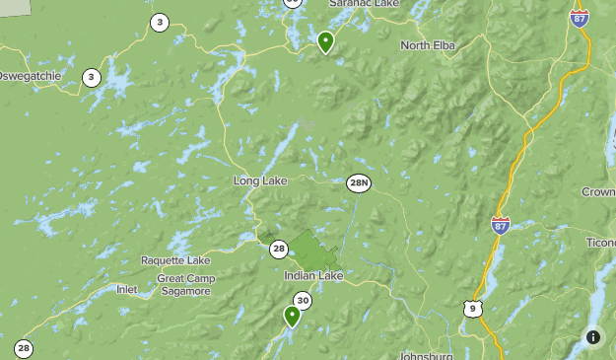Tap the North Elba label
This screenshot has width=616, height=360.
coord(428,45)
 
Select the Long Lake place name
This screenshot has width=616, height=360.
coord(258,181)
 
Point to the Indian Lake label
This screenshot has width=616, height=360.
coord(313,276)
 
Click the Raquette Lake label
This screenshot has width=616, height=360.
coord(175,260)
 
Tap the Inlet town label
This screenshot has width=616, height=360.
coord(126,290)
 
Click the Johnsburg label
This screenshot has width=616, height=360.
coord(426,355)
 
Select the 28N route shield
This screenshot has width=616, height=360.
coord(359,182)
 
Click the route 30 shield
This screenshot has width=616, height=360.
coord(303,301)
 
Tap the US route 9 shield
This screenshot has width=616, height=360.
coord(474,310)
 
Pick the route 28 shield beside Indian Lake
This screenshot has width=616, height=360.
coord(279,250)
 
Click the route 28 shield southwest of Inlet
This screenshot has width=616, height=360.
coord(24,348)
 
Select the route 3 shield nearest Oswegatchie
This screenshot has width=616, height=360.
coord(92,77)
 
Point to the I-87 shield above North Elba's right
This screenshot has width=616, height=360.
coord(580,17)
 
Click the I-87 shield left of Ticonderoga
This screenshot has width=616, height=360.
coord(501,226)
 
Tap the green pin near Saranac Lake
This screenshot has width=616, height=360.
coord(325,41)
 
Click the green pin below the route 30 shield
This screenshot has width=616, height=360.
coord(292,316)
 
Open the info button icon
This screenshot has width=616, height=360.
coord(592,337)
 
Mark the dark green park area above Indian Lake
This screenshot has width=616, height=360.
coord(309,248)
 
